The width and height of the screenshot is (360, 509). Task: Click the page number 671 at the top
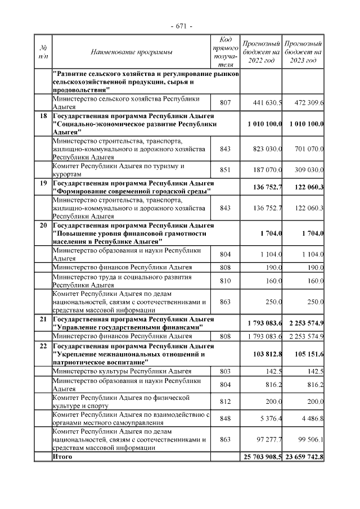tap(180, 26)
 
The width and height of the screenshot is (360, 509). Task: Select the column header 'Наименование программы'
tap(132, 52)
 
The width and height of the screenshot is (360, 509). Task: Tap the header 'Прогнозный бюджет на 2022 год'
tap(261, 52)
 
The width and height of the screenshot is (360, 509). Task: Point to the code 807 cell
tap(226, 103)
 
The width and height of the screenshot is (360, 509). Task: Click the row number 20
tap(43, 225)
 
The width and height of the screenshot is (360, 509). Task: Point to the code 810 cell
tap(226, 280)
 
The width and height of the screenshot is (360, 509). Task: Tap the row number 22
tap(43, 346)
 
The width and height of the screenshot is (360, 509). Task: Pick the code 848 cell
tap(226, 418)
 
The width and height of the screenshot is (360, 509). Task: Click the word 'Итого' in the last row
tap(62, 457)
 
